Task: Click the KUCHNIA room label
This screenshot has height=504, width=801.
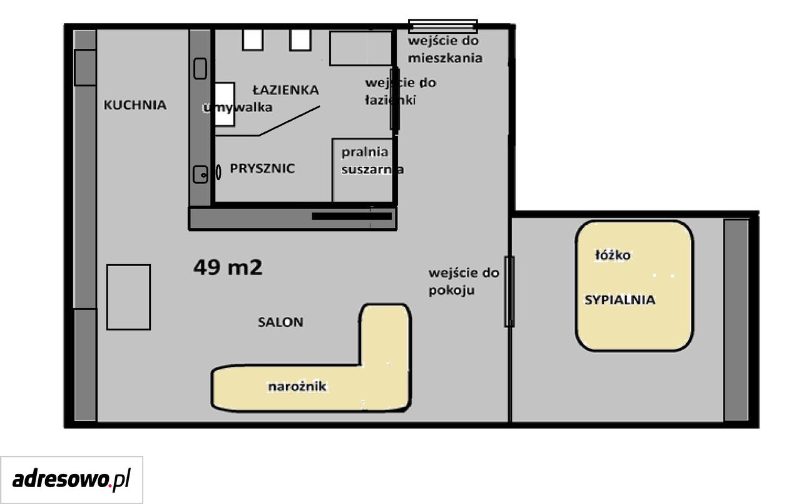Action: point(135,105)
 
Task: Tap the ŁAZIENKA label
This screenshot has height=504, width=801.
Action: point(286,90)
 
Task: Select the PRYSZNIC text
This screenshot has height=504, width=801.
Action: point(262,168)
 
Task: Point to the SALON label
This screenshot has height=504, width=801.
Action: point(280,322)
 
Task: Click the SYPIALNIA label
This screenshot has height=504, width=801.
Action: point(620,300)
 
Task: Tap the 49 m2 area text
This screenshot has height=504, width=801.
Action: point(228,267)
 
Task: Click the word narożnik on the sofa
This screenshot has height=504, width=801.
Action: point(297,387)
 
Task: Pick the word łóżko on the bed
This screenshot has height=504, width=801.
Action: point(613,255)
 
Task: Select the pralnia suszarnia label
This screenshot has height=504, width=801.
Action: point(372,161)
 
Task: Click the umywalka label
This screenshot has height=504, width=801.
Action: point(238,107)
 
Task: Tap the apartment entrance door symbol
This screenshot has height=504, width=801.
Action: point(443,26)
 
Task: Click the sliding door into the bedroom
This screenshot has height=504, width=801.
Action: point(509,292)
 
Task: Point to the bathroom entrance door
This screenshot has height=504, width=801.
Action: point(395,99)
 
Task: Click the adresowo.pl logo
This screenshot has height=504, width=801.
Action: point(71,480)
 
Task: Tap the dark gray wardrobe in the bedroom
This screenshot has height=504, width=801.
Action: point(737,321)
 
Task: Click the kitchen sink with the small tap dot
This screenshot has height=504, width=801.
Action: point(200,175)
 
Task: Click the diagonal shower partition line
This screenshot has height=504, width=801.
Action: point(289,121)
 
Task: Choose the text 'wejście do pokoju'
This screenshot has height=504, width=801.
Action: point(464,282)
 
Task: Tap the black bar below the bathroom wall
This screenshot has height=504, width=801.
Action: point(352,217)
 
